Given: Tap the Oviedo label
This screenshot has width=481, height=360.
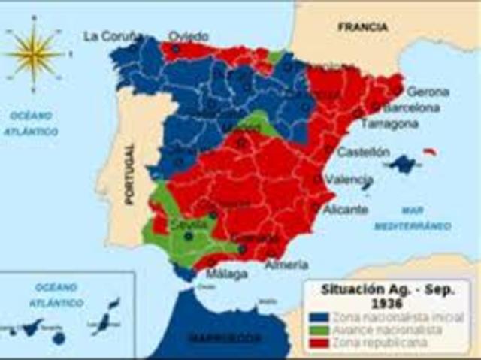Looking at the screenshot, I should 188,35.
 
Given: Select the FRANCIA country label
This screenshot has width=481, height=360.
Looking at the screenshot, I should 363,27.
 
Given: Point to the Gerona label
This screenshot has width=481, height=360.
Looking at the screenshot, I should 428,92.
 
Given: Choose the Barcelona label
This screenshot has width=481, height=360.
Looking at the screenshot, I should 412,107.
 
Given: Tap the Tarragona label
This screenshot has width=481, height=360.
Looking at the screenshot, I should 389,123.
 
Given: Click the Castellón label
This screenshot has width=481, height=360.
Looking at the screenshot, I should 363,152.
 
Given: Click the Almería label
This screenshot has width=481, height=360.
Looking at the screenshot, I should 286,265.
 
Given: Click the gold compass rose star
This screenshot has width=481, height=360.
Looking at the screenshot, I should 35,53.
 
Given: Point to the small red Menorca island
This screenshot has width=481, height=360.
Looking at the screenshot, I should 430,153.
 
